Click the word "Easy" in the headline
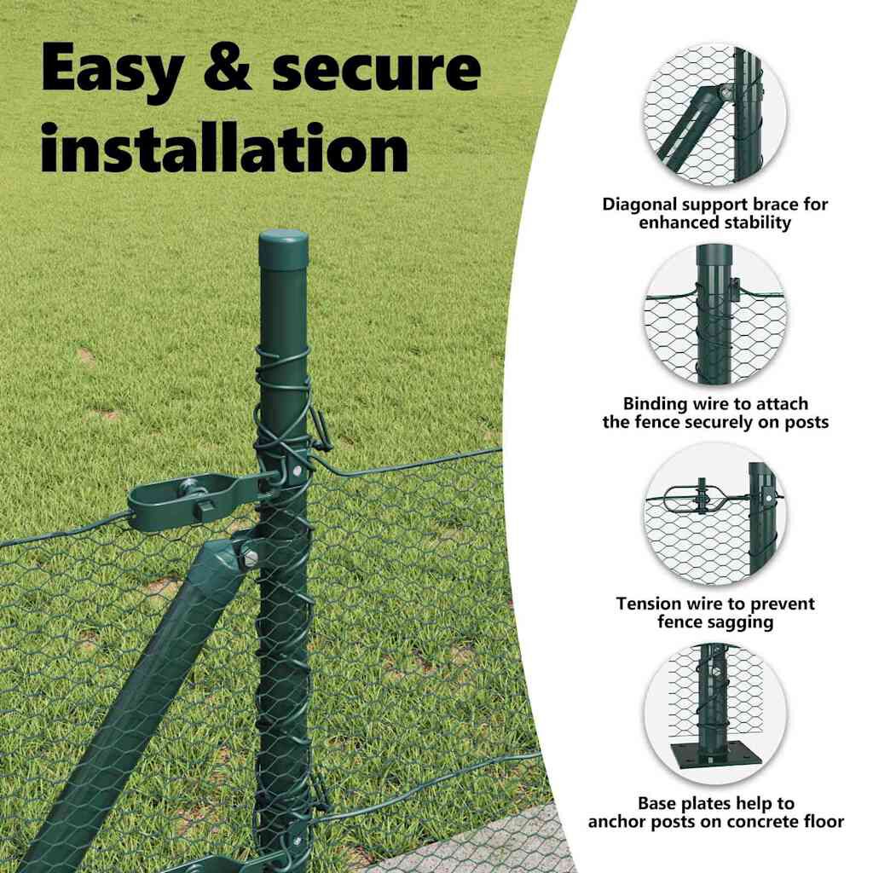(x=112, y=69)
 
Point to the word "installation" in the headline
(x=225, y=147)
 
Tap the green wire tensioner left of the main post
(x=195, y=498)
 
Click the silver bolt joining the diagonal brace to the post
(x=250, y=556)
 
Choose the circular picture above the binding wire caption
(x=715, y=315)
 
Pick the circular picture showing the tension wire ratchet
(x=715, y=515)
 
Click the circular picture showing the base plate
(x=715, y=714)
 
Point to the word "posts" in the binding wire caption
(x=807, y=423)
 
